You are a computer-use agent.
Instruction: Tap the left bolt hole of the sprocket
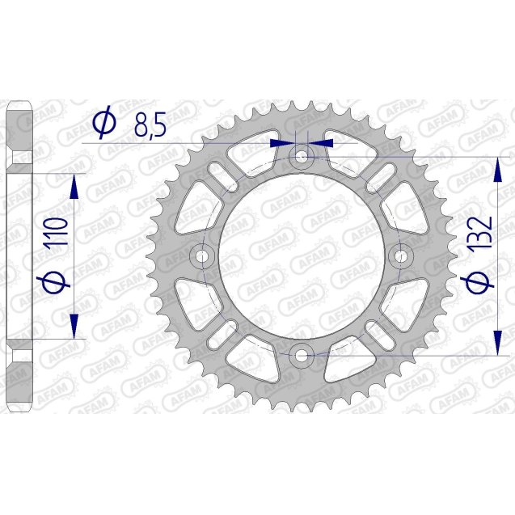201,255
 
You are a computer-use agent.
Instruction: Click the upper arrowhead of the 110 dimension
75,185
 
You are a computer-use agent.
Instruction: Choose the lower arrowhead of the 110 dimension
75,326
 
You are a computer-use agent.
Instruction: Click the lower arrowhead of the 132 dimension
495,340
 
